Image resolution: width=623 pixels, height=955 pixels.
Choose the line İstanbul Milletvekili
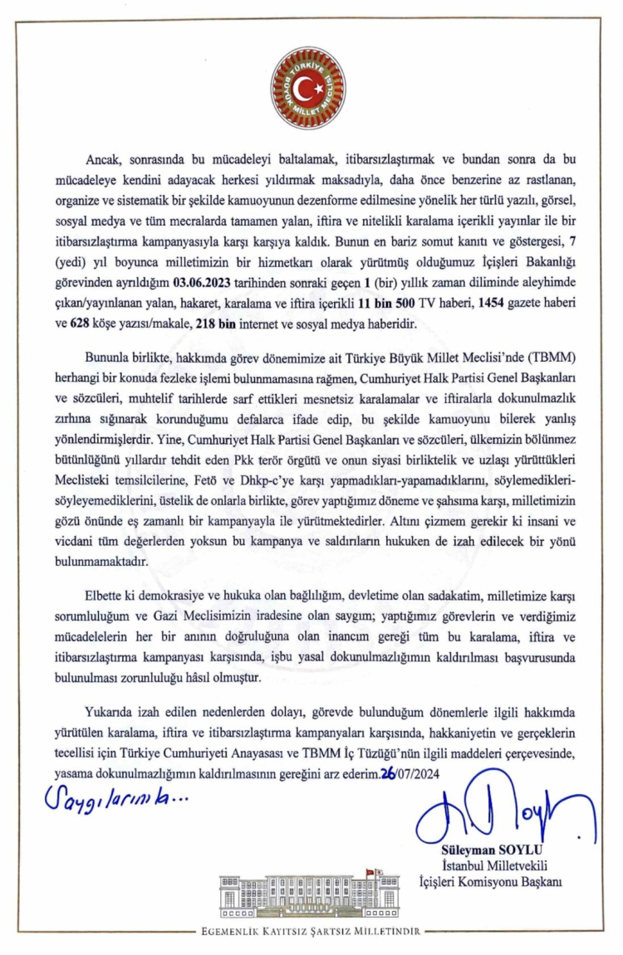pyautogui.click(x=487, y=867)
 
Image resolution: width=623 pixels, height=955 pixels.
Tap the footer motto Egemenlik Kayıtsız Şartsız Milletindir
pyautogui.click(x=311, y=931)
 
